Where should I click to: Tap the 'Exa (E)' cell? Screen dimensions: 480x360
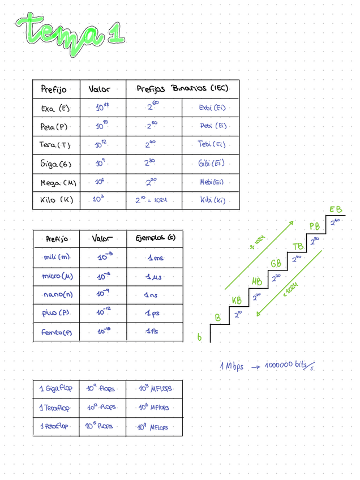(55, 108)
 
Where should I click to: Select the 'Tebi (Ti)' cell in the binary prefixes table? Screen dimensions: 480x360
(211, 144)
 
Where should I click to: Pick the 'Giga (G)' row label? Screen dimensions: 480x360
(55, 164)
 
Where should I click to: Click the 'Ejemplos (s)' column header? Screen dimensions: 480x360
(155, 238)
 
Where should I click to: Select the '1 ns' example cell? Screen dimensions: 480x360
(151, 295)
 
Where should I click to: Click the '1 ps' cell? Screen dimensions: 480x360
(151, 313)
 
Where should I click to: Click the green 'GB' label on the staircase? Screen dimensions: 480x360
(276, 264)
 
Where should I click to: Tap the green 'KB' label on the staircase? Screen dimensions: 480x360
(237, 300)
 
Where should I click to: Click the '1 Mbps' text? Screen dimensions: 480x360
(232, 366)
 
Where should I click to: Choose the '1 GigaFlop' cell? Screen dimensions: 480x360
(55, 389)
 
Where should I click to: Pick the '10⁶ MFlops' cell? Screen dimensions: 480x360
(153, 408)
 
